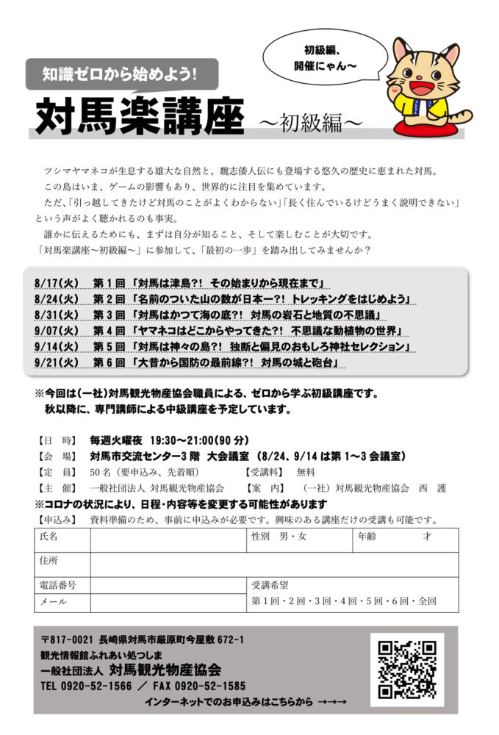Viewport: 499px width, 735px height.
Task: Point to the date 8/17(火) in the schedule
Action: (56, 283)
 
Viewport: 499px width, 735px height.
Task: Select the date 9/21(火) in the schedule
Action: (56, 363)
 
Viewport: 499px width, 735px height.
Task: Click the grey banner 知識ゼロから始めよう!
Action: (122, 73)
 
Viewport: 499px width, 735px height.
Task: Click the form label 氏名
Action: (49, 537)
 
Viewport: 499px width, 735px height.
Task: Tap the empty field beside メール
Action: (168, 603)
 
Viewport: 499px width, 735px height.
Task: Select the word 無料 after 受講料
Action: (306, 472)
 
